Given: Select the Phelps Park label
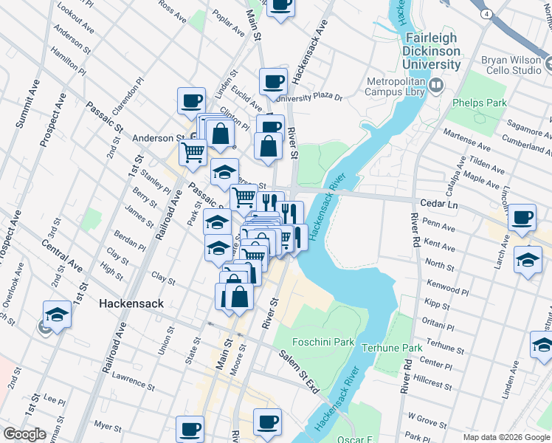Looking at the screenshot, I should [480, 103].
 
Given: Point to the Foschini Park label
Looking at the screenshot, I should [324, 342].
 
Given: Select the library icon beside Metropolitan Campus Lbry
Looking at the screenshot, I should [435, 87].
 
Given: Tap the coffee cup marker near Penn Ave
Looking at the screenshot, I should [522, 217].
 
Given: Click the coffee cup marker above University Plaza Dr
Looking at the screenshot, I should [273, 80].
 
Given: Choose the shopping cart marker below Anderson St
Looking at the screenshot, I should [193, 152].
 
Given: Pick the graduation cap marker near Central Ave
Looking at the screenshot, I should [57, 314].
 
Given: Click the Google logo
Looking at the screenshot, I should [24, 434].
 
